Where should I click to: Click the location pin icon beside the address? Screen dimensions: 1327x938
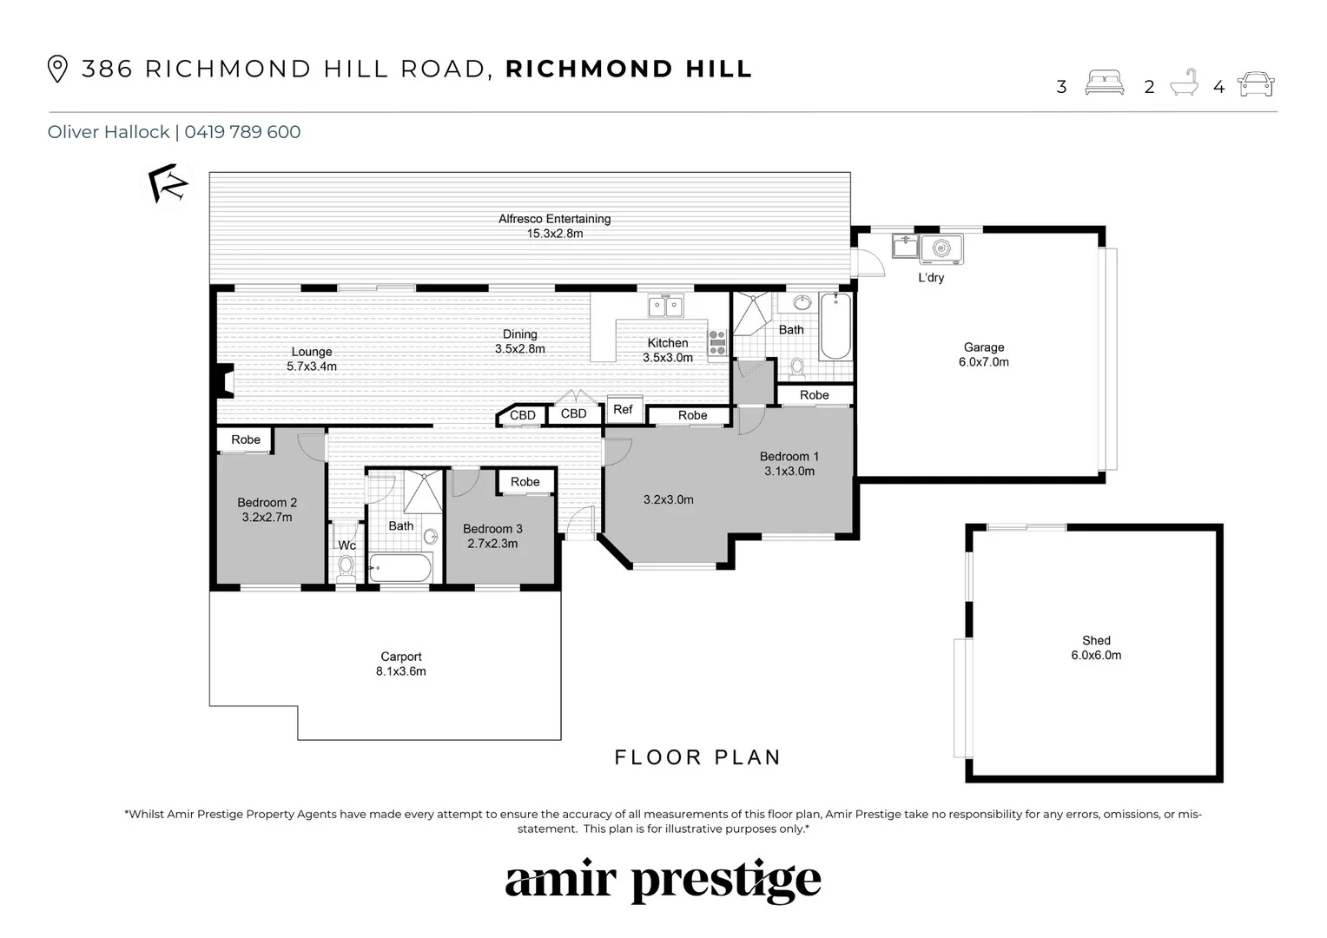(x=57, y=69)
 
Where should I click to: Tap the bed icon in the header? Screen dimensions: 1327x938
(x=1104, y=84)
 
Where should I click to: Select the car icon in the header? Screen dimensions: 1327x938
(x=1256, y=84)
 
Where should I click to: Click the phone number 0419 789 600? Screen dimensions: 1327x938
(x=242, y=132)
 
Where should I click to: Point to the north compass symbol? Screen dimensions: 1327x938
(x=167, y=183)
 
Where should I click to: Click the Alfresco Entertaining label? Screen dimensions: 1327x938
(x=554, y=219)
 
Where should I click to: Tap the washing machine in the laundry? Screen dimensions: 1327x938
(x=941, y=249)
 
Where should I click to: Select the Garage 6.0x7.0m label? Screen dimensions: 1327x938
(x=983, y=354)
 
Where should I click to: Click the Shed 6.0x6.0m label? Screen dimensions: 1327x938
(x=1096, y=648)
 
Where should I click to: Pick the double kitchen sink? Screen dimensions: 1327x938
(x=665, y=306)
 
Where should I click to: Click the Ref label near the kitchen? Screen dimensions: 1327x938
(x=623, y=409)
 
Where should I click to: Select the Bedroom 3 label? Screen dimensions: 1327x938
(x=492, y=528)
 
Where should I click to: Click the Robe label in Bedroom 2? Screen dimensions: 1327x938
(x=246, y=439)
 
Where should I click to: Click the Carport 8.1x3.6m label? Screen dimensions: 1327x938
(x=401, y=664)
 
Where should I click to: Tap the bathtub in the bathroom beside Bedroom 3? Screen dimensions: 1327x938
(x=400, y=568)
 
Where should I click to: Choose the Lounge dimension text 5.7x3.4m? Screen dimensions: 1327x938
(x=312, y=367)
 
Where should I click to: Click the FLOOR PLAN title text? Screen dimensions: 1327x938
(x=697, y=757)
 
